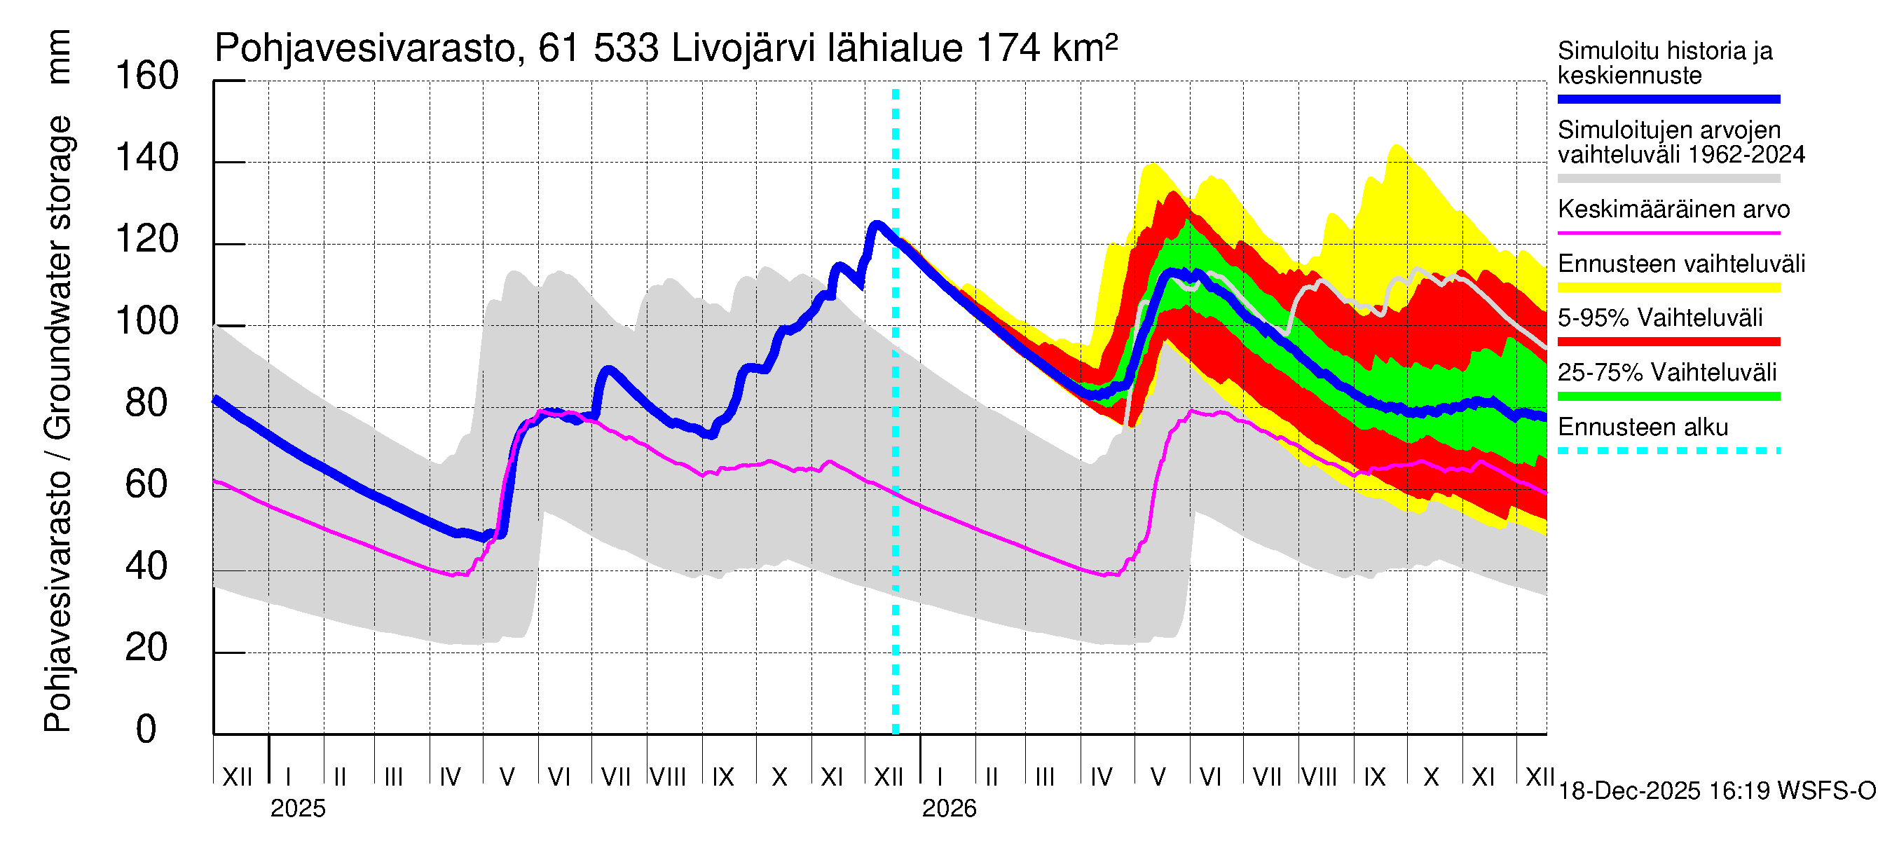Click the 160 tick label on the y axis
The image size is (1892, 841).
pos(147,76)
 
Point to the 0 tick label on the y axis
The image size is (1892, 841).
pos(146,730)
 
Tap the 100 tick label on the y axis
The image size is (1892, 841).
pos(147,322)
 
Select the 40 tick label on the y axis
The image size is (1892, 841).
pos(147,566)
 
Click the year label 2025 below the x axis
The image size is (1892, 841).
pos(297,809)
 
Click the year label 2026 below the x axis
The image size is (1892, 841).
pos(949,809)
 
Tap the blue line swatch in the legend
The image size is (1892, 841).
pos(1668,99)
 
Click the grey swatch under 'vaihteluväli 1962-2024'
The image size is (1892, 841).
pos(1668,179)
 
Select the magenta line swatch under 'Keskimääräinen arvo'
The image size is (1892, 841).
pos(1668,233)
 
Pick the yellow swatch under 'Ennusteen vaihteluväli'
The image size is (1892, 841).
pos(1668,287)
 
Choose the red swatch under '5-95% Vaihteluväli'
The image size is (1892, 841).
pos(1668,341)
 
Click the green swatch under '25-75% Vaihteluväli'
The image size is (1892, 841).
pos(1668,397)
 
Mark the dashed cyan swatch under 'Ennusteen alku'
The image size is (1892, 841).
pos(1668,450)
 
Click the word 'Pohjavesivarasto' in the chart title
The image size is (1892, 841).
pos(366,49)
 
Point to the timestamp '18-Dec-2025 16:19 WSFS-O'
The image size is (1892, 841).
pos(1716,791)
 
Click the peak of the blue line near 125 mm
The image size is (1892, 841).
pos(876,224)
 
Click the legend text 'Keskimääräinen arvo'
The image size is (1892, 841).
pos(1673,210)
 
